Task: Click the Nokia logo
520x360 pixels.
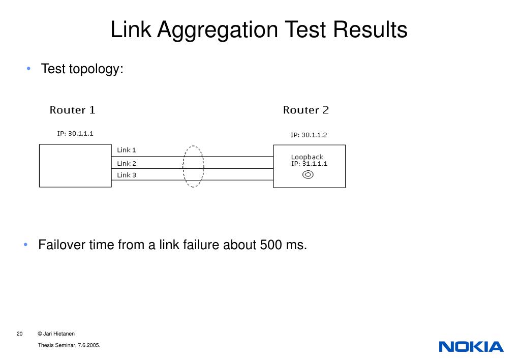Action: (471, 347)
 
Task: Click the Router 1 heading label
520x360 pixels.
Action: (72, 110)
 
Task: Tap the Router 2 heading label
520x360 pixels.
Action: (305, 110)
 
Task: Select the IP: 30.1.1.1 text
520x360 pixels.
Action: (75, 134)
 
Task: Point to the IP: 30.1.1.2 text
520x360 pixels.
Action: (309, 135)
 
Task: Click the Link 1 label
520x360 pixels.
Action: (127, 150)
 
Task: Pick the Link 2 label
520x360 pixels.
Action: (127, 163)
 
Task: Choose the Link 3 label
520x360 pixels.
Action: (127, 175)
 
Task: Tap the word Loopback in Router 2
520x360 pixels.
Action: (307, 157)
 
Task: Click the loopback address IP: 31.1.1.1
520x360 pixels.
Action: (309, 164)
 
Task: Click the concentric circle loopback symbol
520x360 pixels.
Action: (308, 174)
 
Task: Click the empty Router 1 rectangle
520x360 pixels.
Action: (75, 166)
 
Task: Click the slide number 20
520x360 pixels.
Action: (20, 334)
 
